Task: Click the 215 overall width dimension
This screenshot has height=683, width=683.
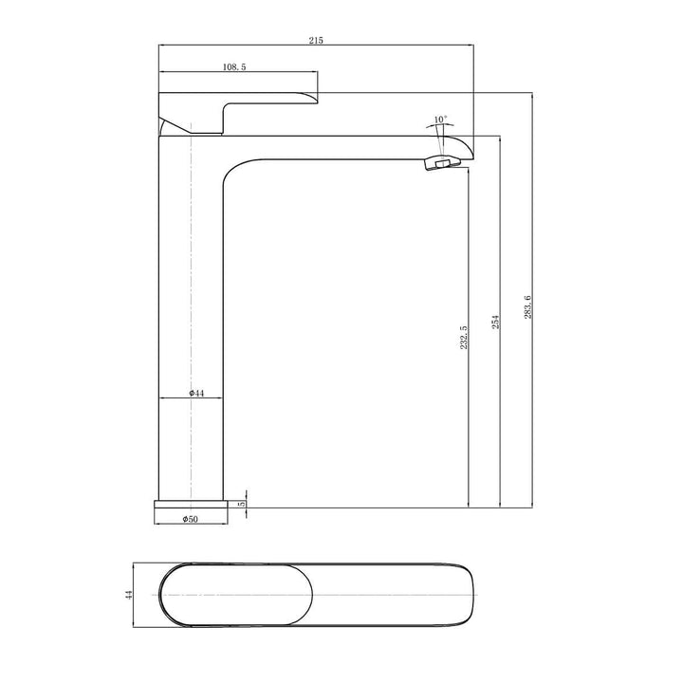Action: coord(316,40)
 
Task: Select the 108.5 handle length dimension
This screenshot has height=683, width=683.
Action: coord(236,66)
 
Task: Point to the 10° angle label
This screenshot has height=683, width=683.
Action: coord(440,120)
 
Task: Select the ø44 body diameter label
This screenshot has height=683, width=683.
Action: coord(196,392)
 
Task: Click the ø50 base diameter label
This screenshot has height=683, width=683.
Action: coord(191,518)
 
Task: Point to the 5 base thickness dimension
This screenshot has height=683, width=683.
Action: coord(243,504)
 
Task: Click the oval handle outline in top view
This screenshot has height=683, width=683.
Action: coord(238,595)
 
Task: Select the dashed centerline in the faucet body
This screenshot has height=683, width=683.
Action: coord(192,285)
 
